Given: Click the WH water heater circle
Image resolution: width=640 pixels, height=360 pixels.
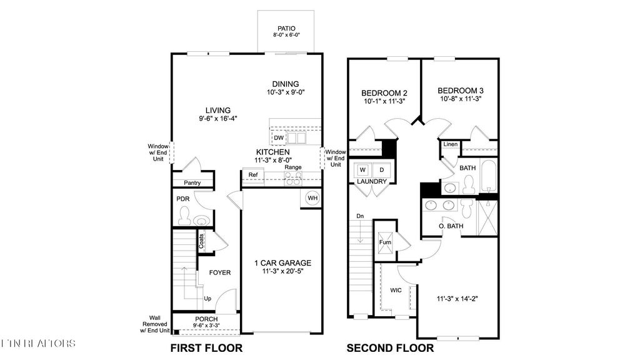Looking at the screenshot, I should coord(312,199).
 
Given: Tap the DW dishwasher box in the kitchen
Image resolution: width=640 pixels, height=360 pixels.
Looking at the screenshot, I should coord(279,137).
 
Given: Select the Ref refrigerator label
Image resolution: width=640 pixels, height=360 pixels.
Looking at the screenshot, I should coord(253,175).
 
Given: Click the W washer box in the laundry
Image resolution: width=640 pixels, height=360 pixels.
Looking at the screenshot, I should coord(362,169).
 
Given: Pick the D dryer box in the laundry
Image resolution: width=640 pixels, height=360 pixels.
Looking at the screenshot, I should coord(382,169).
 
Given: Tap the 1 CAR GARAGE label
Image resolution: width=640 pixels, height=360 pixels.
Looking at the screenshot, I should coord(282,263).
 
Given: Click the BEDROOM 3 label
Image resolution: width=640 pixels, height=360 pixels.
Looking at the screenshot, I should coord(461,90).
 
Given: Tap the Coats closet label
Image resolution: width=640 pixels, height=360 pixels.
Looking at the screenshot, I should coord(202,241).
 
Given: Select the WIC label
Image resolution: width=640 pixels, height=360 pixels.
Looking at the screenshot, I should coord(396,291).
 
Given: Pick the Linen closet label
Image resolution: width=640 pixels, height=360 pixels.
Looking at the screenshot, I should coord(451,145).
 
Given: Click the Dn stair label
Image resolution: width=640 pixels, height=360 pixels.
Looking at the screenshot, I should coord(360,216).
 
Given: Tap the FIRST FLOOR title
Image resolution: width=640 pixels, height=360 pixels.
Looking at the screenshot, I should coord(206,348).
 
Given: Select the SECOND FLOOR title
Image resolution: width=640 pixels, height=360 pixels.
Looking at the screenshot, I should coord(391,348).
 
